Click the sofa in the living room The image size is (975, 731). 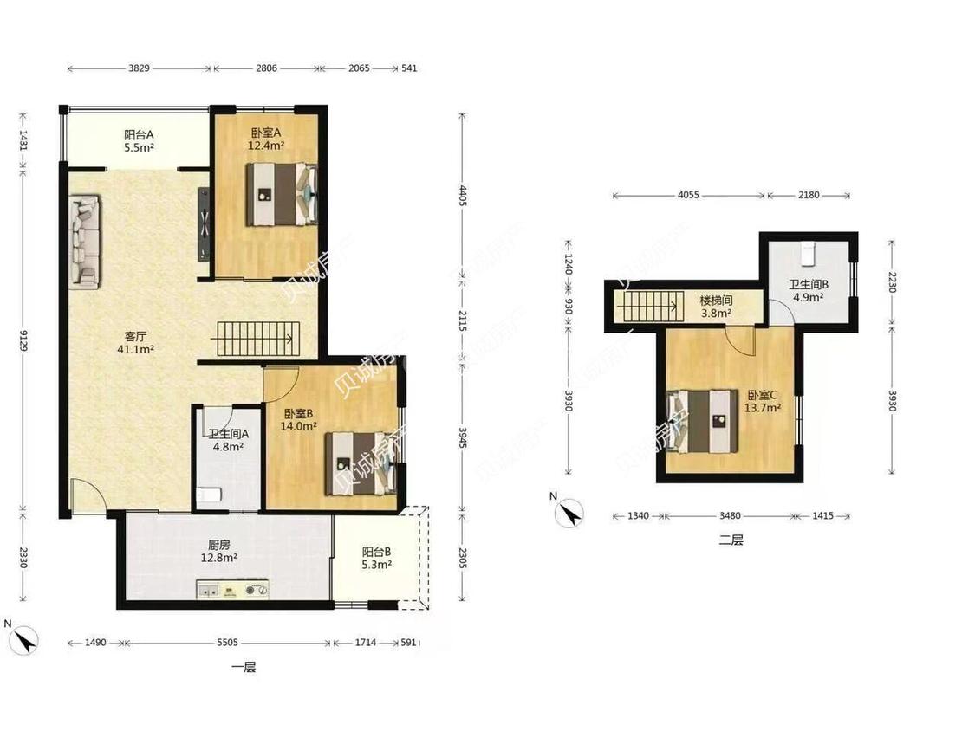coord(85,242)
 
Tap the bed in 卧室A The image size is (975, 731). coord(282,194)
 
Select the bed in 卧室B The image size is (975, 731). coord(361,463)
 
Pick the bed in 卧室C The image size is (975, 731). coord(702,422)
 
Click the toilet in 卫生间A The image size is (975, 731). coord(209,495)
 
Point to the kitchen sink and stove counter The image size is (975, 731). coord(232,589)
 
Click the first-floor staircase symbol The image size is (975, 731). coord(256,339)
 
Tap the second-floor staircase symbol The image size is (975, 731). coord(647,306)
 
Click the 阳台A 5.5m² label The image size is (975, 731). coord(139,141)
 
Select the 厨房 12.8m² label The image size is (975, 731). coord(219,552)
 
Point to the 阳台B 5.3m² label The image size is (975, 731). coord(376,558)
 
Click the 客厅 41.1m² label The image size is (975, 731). coord(135,343)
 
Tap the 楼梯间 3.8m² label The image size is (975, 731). coord(717,307)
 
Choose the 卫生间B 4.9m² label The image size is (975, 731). coord(809,291)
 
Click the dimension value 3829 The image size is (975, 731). coord(139,68)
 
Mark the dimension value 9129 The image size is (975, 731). coord(23,340)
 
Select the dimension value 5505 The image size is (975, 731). coord(227,642)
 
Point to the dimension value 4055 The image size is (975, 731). coord(688,195)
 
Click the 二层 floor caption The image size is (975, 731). coord(731,540)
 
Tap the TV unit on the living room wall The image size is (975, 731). coord(204,223)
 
